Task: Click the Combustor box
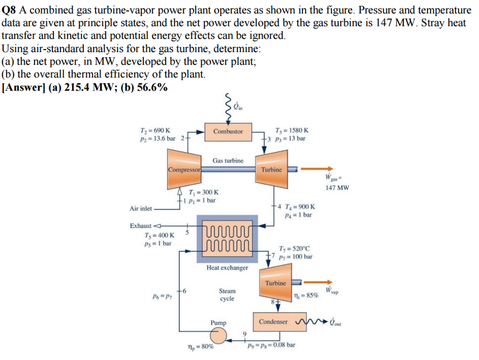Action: click(x=228, y=131)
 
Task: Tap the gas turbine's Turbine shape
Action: click(x=271, y=169)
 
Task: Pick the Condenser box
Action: click(x=273, y=322)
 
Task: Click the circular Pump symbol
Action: click(x=218, y=336)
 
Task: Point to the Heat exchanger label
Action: click(x=227, y=268)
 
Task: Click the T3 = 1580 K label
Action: click(x=294, y=130)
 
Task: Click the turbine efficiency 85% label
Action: click(x=306, y=295)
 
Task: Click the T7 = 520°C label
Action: click(x=295, y=249)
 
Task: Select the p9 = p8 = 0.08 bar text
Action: click(x=272, y=345)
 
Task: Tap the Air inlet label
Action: click(x=140, y=209)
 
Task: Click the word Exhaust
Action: click(x=141, y=226)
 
